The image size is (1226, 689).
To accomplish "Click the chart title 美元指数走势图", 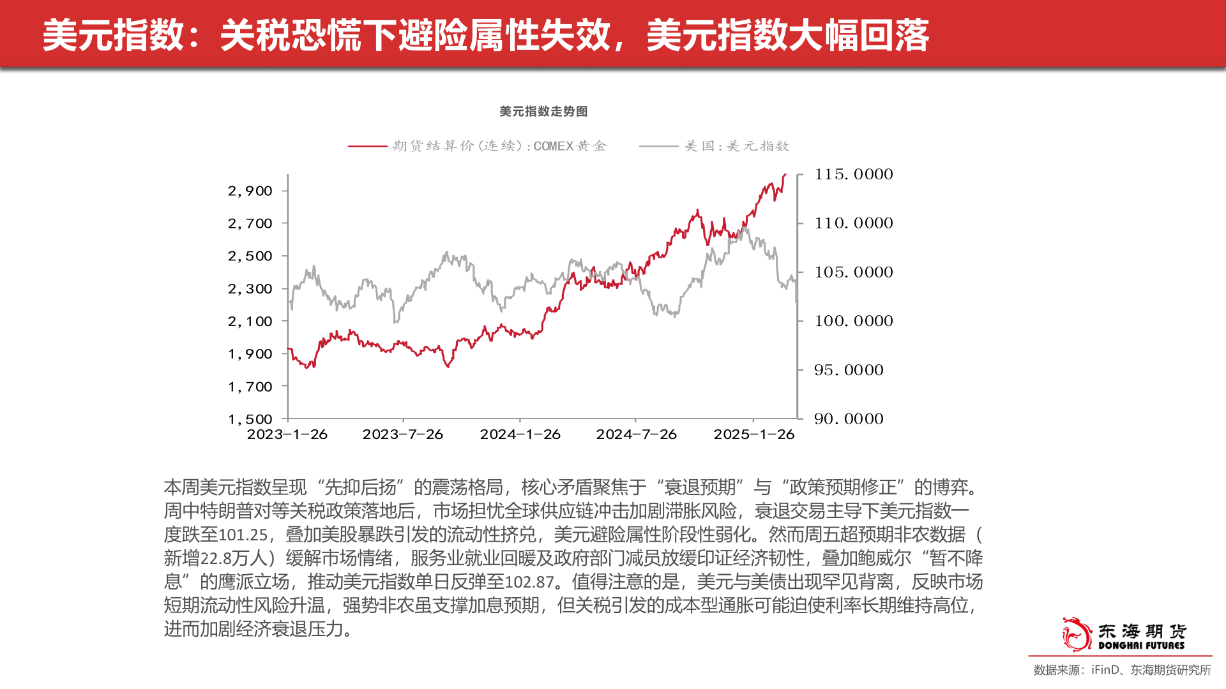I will [x=543, y=112].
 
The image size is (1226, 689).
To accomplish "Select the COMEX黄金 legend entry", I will [x=499, y=146].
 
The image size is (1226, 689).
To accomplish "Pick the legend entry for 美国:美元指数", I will [x=737, y=146].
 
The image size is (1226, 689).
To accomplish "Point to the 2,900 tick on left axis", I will [x=250, y=191].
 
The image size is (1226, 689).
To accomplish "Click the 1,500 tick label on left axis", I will [x=250, y=419].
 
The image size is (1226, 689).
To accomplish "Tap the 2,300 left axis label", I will [x=250, y=289].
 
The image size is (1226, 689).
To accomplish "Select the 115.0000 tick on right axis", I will [x=853, y=174].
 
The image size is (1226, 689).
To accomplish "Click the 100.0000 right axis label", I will [x=853, y=321].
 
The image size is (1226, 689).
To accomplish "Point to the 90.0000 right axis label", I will [x=849, y=419].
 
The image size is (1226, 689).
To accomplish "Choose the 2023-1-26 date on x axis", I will [x=287, y=434].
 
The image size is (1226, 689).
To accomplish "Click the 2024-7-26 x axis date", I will [x=636, y=434].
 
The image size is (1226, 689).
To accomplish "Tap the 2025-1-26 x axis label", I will [x=753, y=434].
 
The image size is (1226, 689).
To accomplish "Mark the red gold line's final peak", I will [x=785, y=174].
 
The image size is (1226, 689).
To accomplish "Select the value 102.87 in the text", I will [x=529, y=582].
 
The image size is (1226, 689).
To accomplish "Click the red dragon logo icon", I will [x=1076, y=634].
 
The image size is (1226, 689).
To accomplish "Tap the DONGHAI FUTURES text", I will [x=1141, y=646].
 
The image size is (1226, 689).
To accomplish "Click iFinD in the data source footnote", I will [x=1105, y=670].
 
